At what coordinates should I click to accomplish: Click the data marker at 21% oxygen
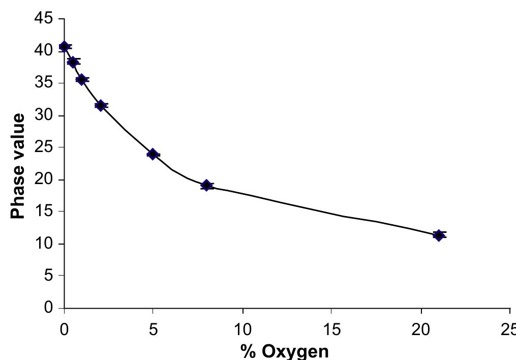point(439,235)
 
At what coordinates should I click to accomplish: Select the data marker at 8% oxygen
point(206,185)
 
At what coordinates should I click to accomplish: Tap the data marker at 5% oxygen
point(153,154)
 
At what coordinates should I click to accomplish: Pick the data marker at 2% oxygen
point(101,106)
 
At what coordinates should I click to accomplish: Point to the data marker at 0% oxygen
point(64,47)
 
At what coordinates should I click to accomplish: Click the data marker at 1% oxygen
point(81,79)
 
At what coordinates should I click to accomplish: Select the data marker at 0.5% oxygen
point(73,62)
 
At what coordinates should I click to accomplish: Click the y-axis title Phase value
point(18,166)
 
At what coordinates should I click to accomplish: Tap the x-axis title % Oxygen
point(285,351)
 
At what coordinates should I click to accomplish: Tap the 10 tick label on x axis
point(243,329)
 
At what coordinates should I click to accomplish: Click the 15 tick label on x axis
point(331,329)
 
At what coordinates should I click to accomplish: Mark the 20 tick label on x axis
point(421,329)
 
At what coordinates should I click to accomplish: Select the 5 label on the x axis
point(153,329)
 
